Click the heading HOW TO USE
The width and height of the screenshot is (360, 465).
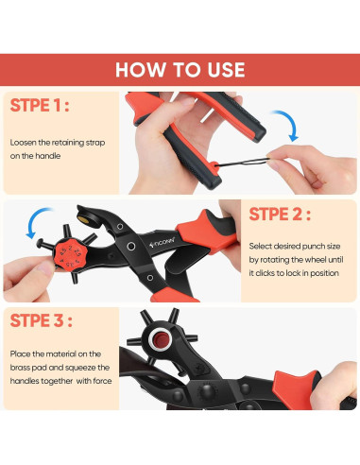(180, 70)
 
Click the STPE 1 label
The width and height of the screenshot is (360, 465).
(40, 105)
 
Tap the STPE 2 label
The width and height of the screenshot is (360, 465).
(280, 215)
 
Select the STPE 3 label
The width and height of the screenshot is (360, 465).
(42, 320)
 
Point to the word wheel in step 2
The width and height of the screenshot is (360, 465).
(316, 260)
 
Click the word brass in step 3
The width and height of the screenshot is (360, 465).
(21, 368)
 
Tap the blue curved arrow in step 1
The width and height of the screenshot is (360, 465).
(287, 125)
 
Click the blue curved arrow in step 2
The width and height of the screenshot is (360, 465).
(36, 221)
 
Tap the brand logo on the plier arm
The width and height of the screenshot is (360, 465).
(162, 242)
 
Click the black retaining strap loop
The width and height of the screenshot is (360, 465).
(242, 163)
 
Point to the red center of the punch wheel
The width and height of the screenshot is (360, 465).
(161, 339)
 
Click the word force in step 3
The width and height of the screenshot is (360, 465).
(103, 381)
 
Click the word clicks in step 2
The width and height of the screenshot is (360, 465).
(268, 273)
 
